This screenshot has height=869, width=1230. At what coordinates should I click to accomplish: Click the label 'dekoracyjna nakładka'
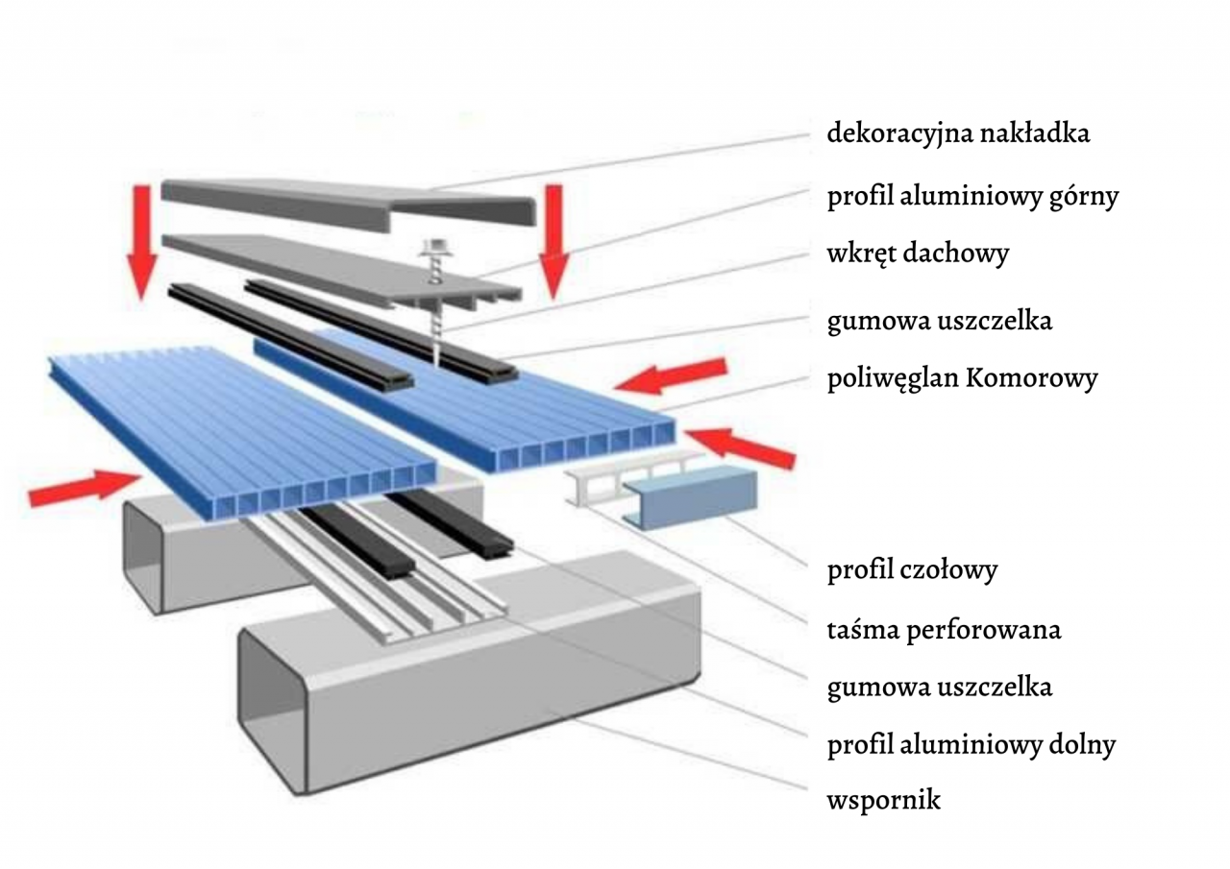coord(958,133)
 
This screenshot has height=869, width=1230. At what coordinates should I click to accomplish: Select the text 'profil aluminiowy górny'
coord(972,197)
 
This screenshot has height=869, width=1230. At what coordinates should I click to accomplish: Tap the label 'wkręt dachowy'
coord(918,254)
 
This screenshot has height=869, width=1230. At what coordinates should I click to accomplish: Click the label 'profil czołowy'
coord(912,570)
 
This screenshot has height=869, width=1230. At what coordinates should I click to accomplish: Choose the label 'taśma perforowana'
coord(944,630)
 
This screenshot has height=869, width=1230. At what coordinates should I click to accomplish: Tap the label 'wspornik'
coord(883,799)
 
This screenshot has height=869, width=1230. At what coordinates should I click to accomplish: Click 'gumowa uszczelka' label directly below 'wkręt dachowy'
coord(939,320)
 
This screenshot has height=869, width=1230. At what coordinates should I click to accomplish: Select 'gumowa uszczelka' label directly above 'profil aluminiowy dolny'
coord(939,688)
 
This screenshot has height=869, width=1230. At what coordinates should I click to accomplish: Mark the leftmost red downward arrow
coord(142,238)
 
